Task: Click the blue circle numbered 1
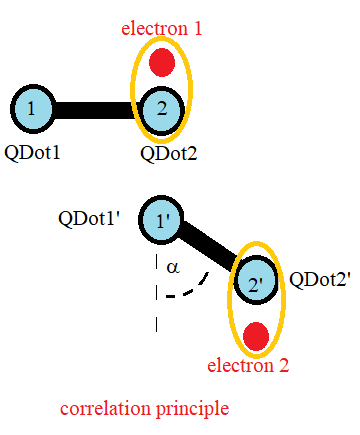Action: pyautogui.click(x=34, y=109)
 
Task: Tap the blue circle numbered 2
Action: pyautogui.click(x=161, y=109)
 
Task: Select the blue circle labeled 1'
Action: pyautogui.click(x=161, y=220)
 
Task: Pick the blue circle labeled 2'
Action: pyautogui.click(x=255, y=283)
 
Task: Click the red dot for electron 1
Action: pyautogui.click(x=161, y=64)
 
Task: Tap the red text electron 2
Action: pyautogui.click(x=248, y=366)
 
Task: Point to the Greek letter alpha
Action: pyautogui.click(x=172, y=267)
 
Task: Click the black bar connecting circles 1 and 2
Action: pyautogui.click(x=97, y=109)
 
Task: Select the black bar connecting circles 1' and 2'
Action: pyautogui.click(x=208, y=251)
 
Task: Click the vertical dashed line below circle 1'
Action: pyautogui.click(x=156, y=290)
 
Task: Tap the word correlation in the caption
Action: pyautogui.click(x=103, y=409)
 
